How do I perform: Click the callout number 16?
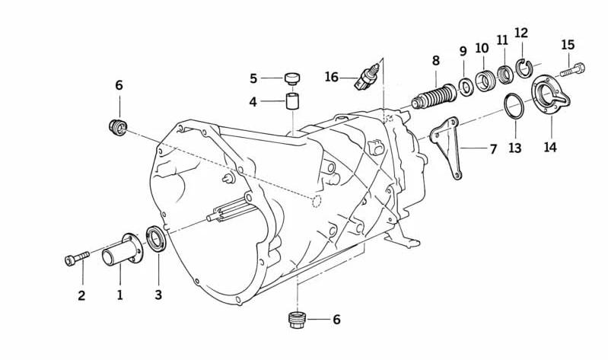[x=332, y=77]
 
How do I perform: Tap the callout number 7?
[x=493, y=149]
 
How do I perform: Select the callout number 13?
[x=515, y=148]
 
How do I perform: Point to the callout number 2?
[x=81, y=295]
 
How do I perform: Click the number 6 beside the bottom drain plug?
[x=336, y=320]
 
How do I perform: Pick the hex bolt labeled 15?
[x=573, y=70]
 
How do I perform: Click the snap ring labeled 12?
[x=524, y=68]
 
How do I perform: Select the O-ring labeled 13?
[x=514, y=106]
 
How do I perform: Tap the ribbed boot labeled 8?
[x=434, y=96]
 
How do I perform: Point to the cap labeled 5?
[x=293, y=78]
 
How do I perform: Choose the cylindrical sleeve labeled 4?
[x=292, y=102]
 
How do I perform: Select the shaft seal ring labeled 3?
[x=156, y=238]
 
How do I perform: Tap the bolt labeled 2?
[x=77, y=258]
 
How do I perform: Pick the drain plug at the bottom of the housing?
[x=298, y=320]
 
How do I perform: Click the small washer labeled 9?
[x=466, y=86]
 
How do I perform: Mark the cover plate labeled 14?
[x=551, y=95]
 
